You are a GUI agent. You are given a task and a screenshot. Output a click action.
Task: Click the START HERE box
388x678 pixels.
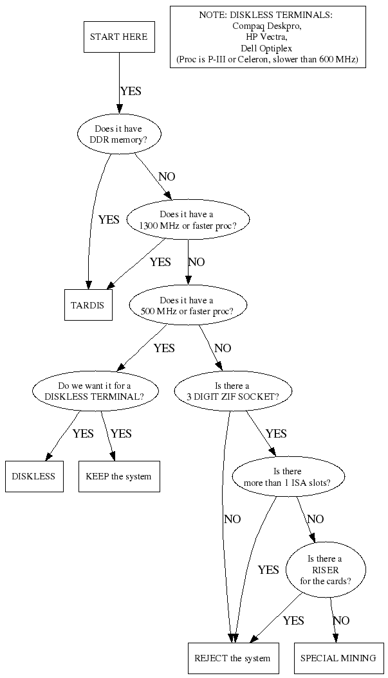(x=118, y=37)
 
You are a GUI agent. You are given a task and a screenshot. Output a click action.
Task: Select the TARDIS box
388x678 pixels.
(x=88, y=304)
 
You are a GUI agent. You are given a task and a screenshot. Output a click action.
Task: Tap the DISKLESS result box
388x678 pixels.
(x=34, y=476)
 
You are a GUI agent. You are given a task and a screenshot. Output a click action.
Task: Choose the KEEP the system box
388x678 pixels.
(x=118, y=476)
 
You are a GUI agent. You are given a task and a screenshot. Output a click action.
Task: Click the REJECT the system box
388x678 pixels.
(x=232, y=658)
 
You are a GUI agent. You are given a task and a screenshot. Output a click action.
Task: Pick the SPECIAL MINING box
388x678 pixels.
(x=338, y=658)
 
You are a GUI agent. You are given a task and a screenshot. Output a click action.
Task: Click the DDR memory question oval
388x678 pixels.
(x=118, y=134)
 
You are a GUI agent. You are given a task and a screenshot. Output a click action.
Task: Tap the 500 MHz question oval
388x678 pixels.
(x=187, y=305)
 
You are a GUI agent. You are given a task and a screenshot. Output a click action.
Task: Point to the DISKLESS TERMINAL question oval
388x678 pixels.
(x=96, y=391)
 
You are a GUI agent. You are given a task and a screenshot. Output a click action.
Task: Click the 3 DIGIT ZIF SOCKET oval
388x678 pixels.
(x=233, y=391)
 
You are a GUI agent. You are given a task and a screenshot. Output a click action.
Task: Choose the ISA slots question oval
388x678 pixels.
(x=288, y=476)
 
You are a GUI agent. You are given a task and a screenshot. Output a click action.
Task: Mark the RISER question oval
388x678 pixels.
(x=326, y=569)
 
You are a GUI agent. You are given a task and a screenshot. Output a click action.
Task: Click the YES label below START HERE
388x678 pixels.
(x=131, y=91)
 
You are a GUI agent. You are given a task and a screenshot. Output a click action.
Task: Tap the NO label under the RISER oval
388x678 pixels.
(x=341, y=621)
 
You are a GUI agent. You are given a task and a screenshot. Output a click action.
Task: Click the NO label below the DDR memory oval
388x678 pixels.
(x=167, y=177)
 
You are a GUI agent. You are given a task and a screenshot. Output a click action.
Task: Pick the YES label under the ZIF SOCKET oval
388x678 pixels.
(x=276, y=434)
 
